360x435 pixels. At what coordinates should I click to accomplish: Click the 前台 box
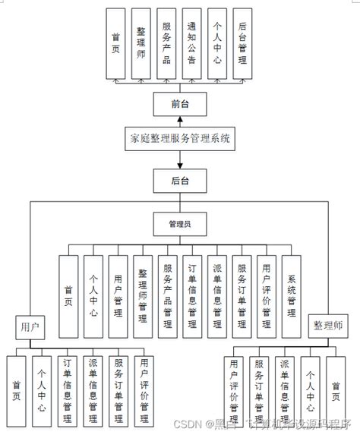tap(179, 103)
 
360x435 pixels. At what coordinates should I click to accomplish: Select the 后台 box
tap(179, 181)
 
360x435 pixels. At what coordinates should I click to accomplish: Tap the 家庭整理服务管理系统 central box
tap(179, 140)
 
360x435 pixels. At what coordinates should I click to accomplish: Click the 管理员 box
tap(179, 224)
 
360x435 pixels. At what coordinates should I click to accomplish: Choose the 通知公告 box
tap(191, 43)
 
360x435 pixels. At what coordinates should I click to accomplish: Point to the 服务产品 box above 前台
tap(166, 43)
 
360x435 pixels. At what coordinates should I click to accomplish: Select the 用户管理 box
tap(118, 296)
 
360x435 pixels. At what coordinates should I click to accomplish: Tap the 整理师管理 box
tap(143, 296)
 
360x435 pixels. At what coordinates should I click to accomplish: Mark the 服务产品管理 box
tap(168, 296)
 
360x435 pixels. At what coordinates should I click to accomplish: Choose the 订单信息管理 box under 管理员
tap(192, 296)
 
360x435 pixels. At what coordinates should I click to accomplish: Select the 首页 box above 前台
tap(115, 43)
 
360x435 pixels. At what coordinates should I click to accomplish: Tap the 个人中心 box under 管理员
tap(93, 296)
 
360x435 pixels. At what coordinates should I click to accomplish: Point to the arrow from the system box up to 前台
tap(179, 121)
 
